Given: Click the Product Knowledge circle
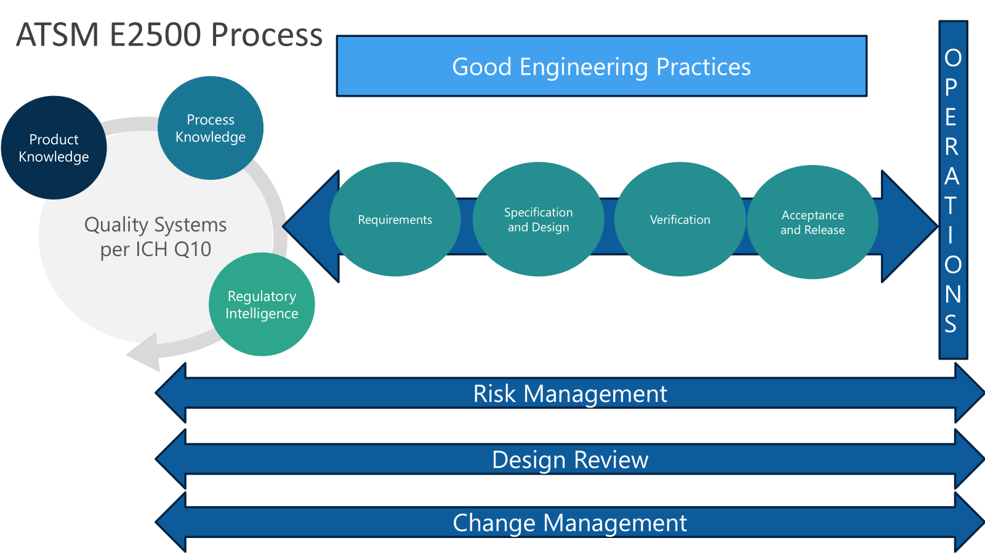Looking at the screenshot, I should point(54,148).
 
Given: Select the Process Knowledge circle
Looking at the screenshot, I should point(211,128).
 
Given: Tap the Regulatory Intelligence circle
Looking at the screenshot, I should point(262,305).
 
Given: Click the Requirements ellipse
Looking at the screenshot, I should point(395,220).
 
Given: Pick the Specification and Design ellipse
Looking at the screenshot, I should point(538,220).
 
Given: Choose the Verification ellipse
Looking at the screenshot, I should point(680,220).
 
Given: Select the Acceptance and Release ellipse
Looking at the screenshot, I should point(813,222).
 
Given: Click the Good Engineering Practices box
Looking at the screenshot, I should point(601,66).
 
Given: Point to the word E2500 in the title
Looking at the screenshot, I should point(156,35).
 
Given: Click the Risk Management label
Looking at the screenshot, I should point(570,394).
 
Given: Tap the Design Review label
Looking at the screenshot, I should point(570,460).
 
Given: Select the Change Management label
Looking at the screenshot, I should point(570,523).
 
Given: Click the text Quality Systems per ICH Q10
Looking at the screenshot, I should point(156,237).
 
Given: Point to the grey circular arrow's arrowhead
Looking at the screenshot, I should point(145,352).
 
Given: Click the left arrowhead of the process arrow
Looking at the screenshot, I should point(311,227).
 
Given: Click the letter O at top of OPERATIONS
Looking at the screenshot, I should point(953,58).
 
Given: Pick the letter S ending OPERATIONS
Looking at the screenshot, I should point(951,324).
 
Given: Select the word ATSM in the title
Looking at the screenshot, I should point(57,35).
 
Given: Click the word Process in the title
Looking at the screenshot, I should point(267,35).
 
